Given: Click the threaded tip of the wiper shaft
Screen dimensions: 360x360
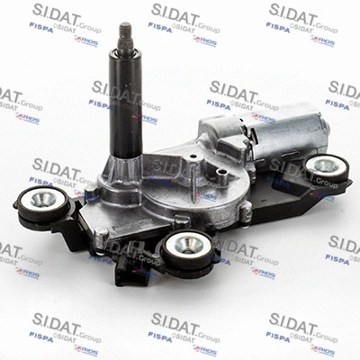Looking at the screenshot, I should pos(125,37).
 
